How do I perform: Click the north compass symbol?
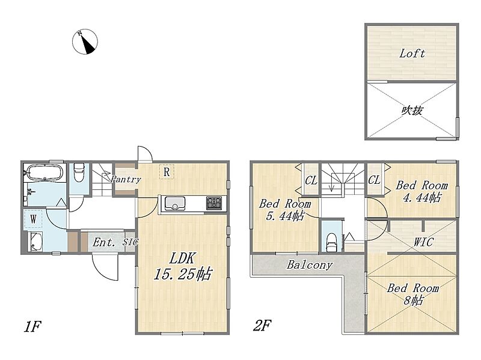click(x=85, y=41)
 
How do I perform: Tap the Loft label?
click(x=412, y=53)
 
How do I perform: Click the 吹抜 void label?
click(x=412, y=111)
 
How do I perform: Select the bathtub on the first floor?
click(x=44, y=172)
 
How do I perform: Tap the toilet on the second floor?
click(x=331, y=243)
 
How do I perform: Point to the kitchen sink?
click(x=175, y=203)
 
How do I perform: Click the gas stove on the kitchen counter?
click(x=214, y=203)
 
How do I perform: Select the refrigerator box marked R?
click(x=167, y=172)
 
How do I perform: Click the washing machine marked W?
click(x=33, y=219)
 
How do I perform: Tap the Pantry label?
click(x=126, y=179)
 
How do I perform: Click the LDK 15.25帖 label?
click(x=183, y=266)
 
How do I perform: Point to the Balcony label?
click(x=310, y=264)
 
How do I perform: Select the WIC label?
click(x=423, y=242)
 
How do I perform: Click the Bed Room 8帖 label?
click(x=413, y=294)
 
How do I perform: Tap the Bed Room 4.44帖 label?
click(x=422, y=191)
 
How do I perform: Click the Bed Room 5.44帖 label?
click(x=285, y=210)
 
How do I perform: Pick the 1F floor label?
click(x=32, y=326)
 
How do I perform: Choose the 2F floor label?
click(x=262, y=325)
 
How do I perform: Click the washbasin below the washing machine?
click(x=35, y=242)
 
